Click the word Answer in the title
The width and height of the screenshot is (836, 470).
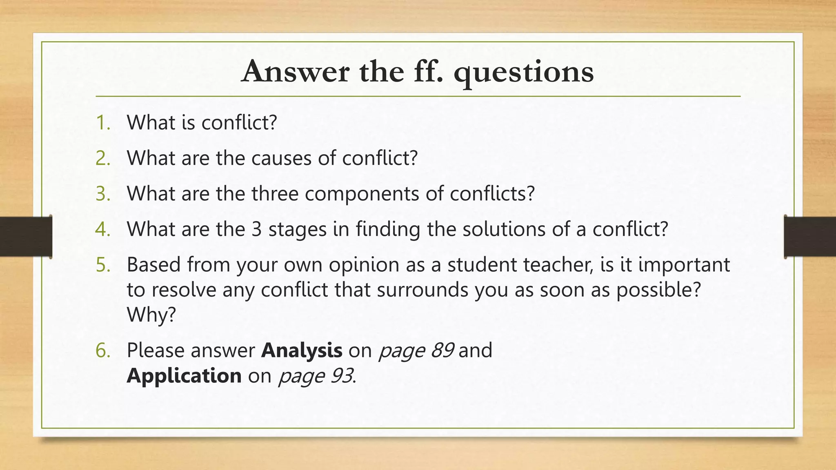[x=295, y=72]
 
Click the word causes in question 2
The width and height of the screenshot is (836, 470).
[x=281, y=158]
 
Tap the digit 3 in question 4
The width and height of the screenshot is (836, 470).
[x=256, y=229]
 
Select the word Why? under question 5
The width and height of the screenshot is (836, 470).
[x=151, y=315]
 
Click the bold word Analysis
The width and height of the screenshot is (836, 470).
[x=302, y=350]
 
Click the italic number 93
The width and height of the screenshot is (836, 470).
[x=341, y=376]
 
